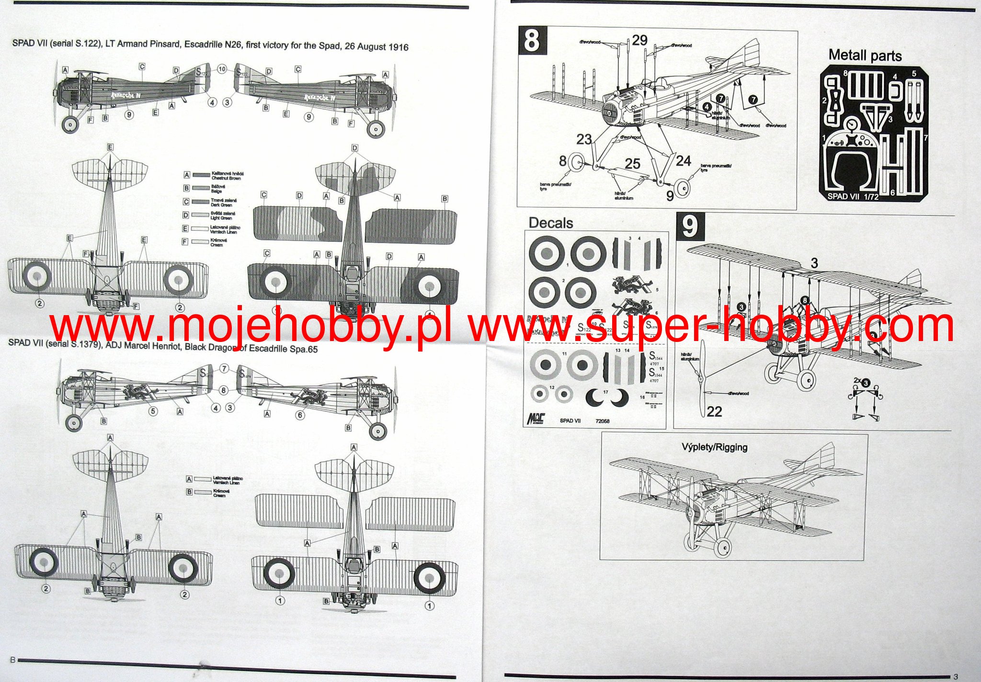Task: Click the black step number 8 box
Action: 532,41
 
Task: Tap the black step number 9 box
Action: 690,227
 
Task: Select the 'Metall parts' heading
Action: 865,56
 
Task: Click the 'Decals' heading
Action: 550,223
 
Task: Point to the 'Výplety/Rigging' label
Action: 714,447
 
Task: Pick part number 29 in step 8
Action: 639,40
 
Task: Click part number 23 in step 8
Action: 584,139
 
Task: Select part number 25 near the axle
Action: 632,164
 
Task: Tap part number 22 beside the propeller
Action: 714,411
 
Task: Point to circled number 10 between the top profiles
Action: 222,69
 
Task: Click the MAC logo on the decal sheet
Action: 536,419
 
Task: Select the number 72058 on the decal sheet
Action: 602,421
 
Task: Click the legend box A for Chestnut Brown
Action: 187,175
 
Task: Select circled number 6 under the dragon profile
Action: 300,415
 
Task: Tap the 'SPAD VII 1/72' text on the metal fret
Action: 853,196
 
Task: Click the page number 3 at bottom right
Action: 955,676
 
